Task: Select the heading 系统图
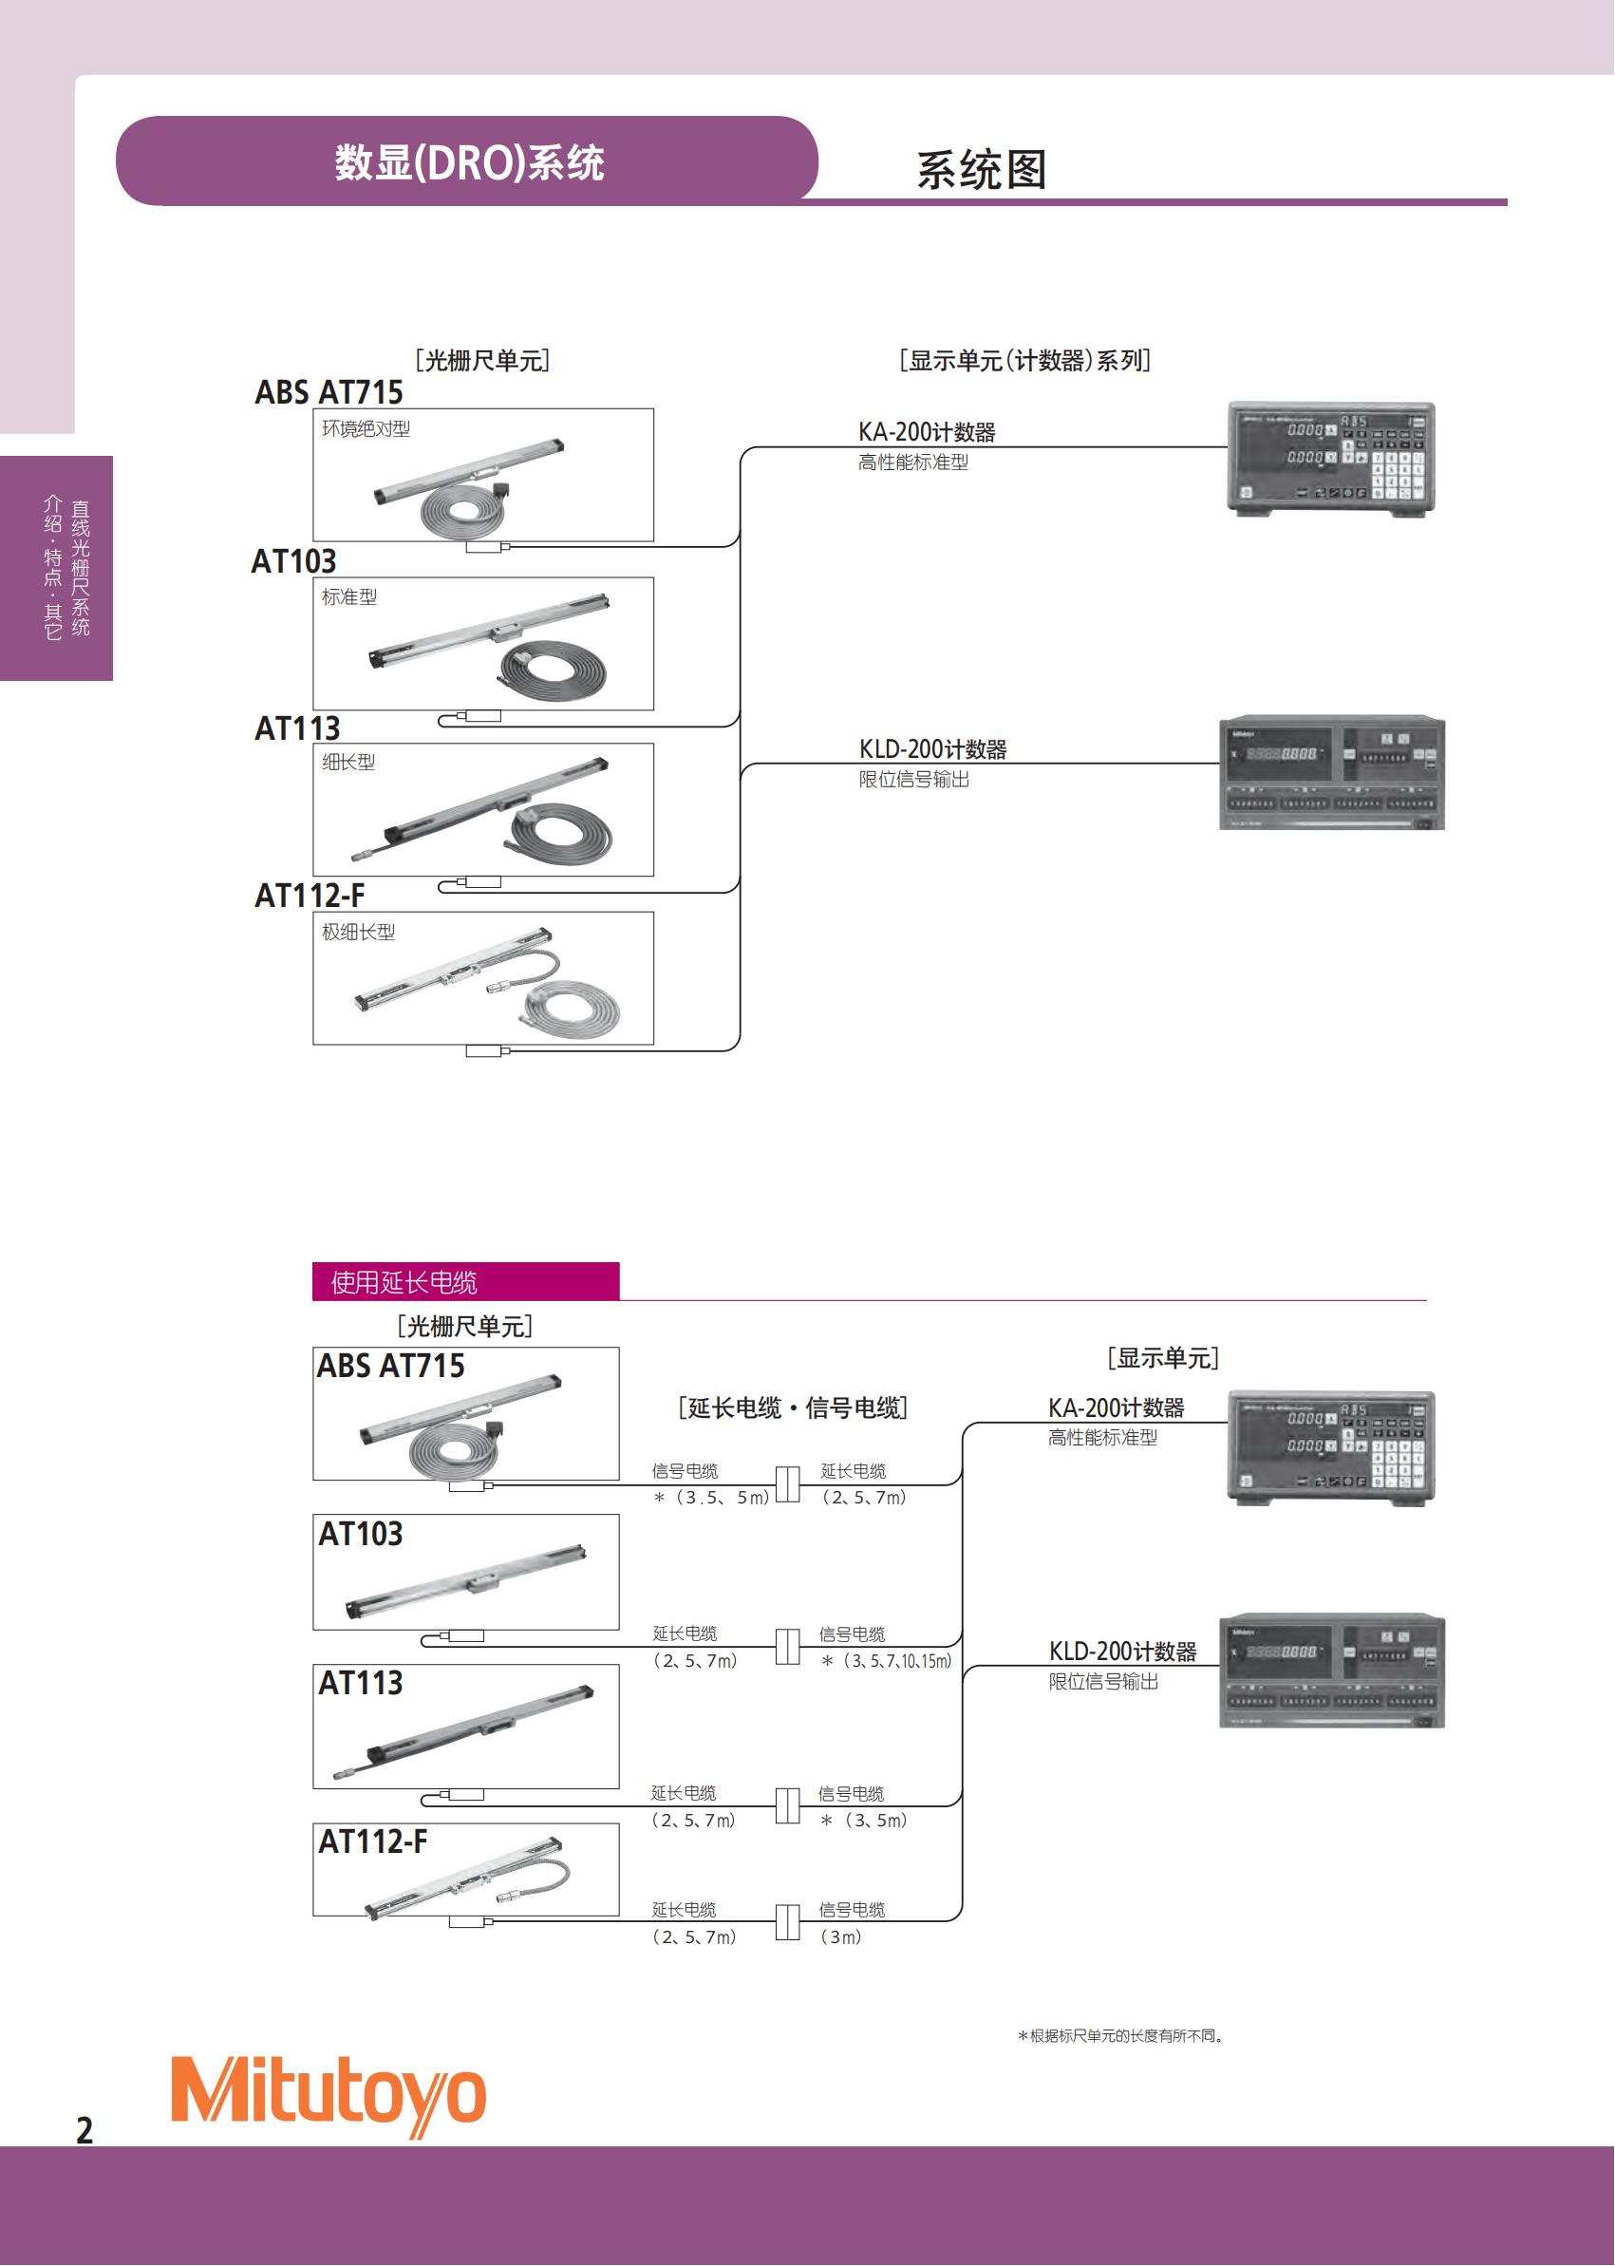coord(981,170)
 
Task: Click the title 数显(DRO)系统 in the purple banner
coord(468,162)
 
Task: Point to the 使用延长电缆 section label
coord(404,1282)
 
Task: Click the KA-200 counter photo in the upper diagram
coord(1331,458)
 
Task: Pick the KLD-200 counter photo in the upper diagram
coord(1331,773)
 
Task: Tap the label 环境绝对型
coord(366,428)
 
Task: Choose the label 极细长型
coord(358,932)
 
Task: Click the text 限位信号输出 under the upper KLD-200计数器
coord(914,780)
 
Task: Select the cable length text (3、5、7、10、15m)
coord(887,1661)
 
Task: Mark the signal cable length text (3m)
coord(841,1936)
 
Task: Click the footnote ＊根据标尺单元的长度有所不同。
coord(1120,2036)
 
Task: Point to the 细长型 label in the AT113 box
coord(348,762)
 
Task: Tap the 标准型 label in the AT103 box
coord(349,596)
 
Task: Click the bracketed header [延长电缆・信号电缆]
coord(793,1407)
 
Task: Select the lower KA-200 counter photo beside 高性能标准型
coord(1331,1447)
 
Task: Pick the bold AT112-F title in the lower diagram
coord(372,1842)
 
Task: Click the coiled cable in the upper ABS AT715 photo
coord(460,512)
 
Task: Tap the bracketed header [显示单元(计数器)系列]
coord(1024,360)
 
